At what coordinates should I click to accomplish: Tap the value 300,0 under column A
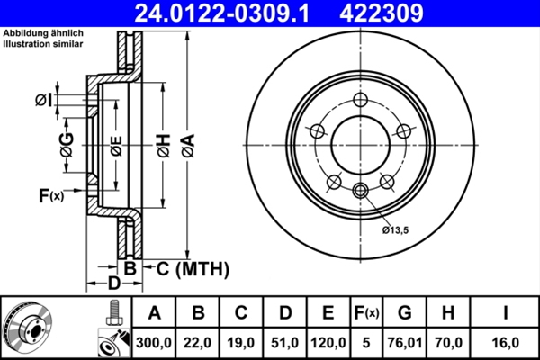pos(154,341)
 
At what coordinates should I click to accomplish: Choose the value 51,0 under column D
pos(286,341)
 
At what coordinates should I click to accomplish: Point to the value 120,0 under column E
pos(330,341)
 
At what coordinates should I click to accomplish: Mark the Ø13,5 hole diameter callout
pos(396,230)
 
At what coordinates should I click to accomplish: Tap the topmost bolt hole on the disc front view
pos(361,100)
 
